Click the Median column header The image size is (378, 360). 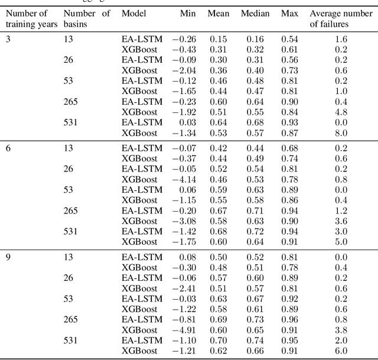[x=255, y=14]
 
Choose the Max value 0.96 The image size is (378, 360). [x=289, y=319]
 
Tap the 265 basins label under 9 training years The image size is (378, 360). [x=70, y=319]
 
